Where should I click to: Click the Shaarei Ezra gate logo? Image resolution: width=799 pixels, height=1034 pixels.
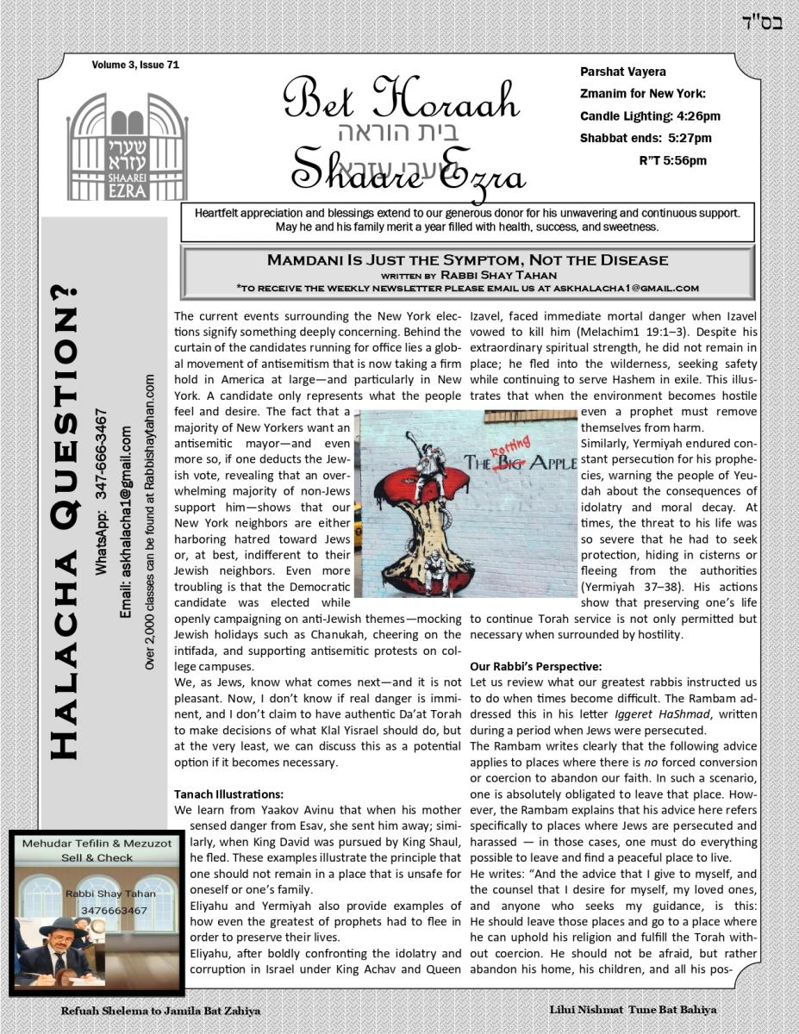(127, 146)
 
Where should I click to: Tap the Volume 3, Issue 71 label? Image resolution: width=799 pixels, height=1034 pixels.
(135, 65)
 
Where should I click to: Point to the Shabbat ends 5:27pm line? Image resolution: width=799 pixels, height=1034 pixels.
(645, 138)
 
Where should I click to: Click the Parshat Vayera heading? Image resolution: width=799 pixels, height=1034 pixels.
(623, 72)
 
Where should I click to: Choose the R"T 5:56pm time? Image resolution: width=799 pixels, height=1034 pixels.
(672, 160)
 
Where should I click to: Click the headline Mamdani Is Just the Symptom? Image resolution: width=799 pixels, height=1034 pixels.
(467, 259)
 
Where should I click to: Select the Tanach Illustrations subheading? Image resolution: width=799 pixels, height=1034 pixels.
(228, 794)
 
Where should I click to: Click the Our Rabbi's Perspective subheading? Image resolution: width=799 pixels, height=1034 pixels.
(534, 666)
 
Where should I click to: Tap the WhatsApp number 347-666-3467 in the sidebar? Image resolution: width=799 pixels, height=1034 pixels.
(102, 491)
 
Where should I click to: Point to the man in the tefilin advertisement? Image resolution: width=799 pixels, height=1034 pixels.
(57, 952)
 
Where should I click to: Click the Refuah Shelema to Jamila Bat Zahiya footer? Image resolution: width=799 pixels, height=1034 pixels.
(160, 1011)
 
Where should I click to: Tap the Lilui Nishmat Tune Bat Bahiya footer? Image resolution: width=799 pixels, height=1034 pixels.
(633, 1009)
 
